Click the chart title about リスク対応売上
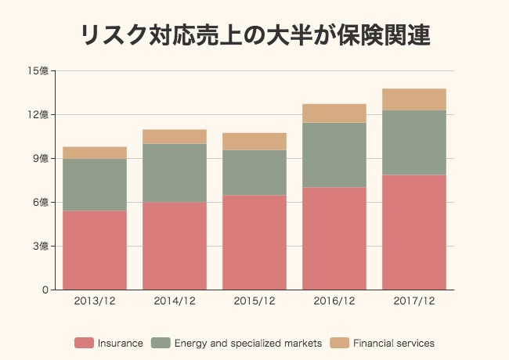click(255, 35)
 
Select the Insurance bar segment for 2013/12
click(95, 250)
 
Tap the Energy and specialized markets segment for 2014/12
click(175, 173)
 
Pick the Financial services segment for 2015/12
click(254, 142)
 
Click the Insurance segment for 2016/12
click(334, 239)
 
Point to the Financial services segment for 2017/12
click(414, 99)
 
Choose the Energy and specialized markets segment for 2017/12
click(414, 142)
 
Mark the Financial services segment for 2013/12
click(95, 153)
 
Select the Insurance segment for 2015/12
click(254, 243)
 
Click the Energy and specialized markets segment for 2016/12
click(334, 155)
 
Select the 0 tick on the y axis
click(45, 290)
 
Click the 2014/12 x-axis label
click(175, 301)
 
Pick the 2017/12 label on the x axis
click(414, 301)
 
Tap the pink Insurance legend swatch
click(85, 343)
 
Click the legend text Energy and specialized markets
click(247, 343)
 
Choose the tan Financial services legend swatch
click(339, 343)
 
